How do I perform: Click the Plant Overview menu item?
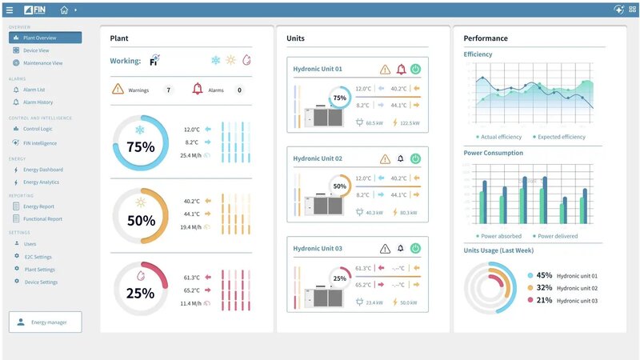45,38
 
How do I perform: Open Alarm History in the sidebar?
38,102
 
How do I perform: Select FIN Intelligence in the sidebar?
39,143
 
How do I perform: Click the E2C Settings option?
38,257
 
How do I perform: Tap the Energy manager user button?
45,322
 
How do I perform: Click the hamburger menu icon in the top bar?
10,10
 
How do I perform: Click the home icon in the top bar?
64,10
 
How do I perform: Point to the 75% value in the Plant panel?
140,147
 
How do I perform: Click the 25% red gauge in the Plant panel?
140,293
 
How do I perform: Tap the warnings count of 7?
168,90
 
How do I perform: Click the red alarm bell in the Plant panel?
197,90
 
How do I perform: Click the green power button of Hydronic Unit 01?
415,70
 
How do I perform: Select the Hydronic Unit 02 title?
318,159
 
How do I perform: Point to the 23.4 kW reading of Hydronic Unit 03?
374,302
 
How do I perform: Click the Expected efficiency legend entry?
560,137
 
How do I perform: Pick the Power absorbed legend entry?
501,236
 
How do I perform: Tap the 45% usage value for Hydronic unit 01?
544,275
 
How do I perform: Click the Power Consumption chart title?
493,153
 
